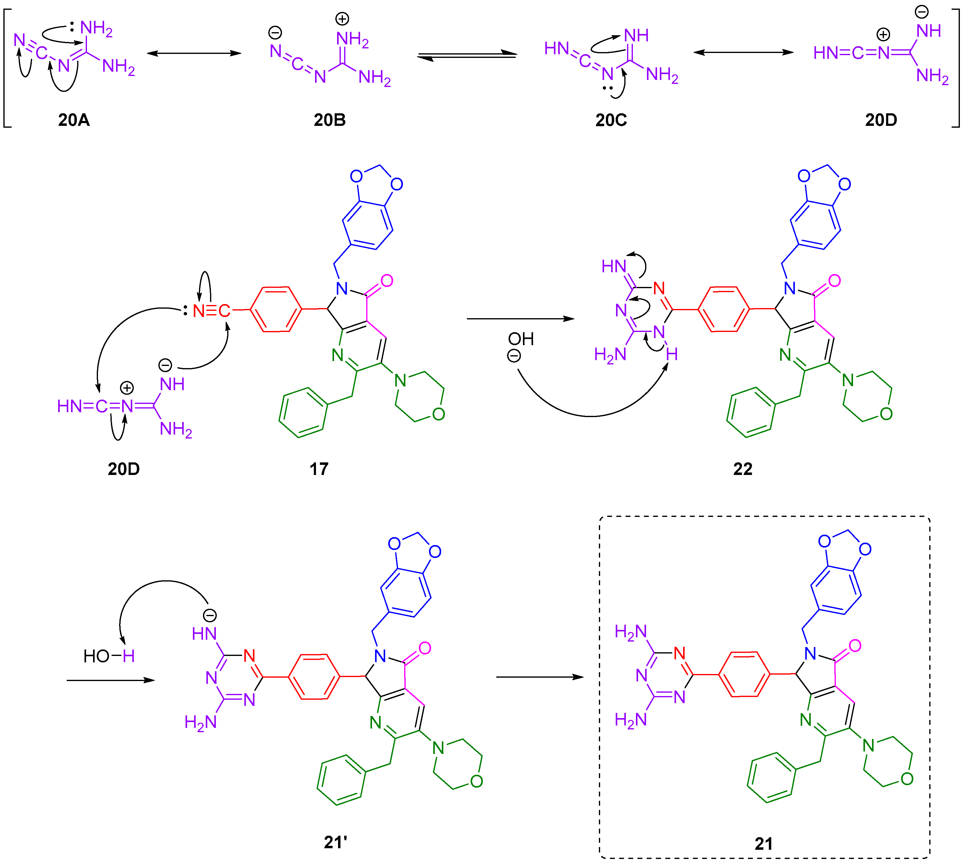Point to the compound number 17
(x=319, y=469)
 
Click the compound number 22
(x=742, y=469)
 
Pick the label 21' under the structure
(x=335, y=842)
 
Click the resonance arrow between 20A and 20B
(x=194, y=53)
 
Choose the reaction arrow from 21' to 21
(x=539, y=677)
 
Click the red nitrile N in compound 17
(x=198, y=311)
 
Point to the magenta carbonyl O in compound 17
(x=387, y=281)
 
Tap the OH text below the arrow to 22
(x=521, y=339)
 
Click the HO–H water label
(x=109, y=656)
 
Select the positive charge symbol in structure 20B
(x=342, y=19)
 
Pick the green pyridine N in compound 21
(x=805, y=720)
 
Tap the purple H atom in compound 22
(x=671, y=354)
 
